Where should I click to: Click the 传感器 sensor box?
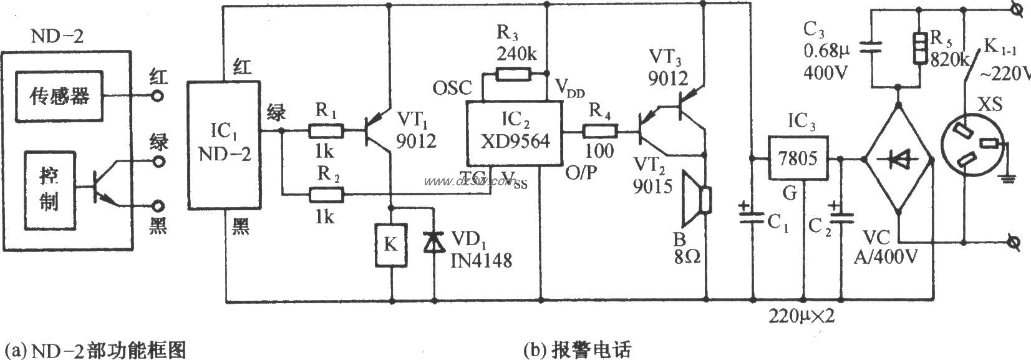[60, 96]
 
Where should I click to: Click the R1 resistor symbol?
[326, 131]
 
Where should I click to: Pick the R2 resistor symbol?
[326, 195]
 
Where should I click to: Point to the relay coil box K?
[390, 245]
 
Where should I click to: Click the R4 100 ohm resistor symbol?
[600, 132]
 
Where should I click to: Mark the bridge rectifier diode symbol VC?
[898, 159]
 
